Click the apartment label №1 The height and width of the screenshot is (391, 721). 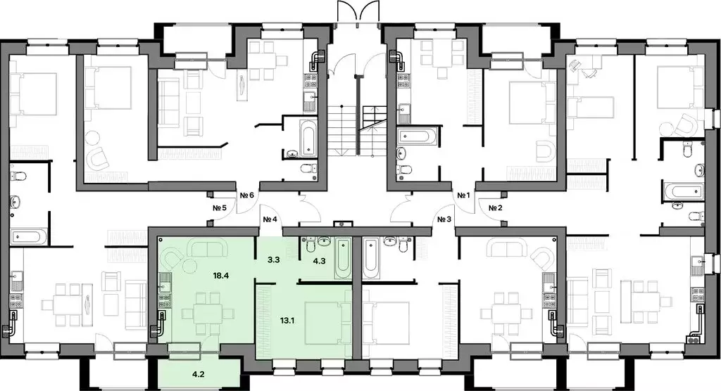463,195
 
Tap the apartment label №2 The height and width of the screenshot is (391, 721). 495,207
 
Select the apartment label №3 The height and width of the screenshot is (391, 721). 444,219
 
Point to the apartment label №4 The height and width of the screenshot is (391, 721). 271,219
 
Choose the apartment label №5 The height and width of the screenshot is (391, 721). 219,207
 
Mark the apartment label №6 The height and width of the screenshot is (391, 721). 246,195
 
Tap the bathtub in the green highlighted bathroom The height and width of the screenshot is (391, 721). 342,257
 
